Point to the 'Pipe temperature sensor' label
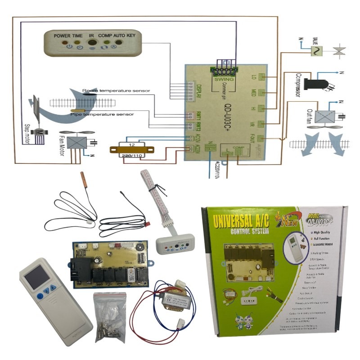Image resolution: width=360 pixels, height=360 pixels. pos(102,114)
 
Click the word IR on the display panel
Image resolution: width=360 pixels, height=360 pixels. pos(92,35)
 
